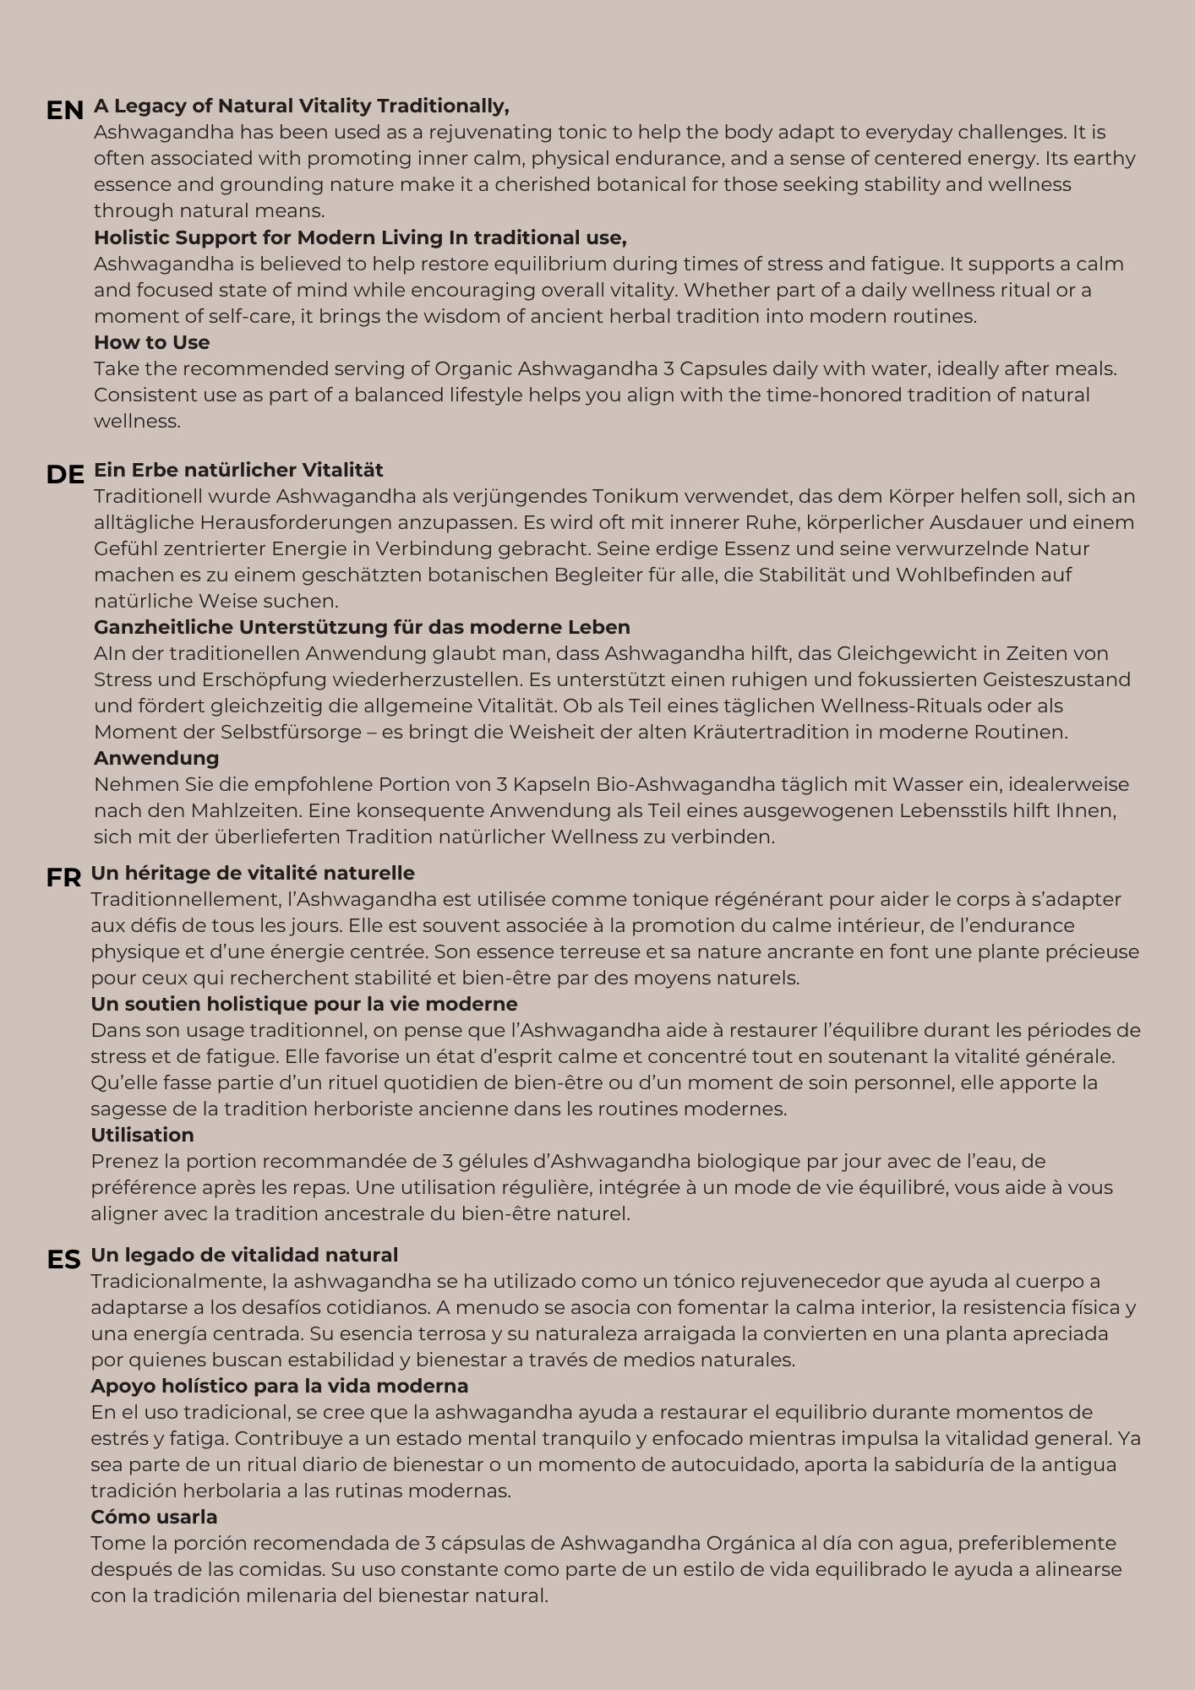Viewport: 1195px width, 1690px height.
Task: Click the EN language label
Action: click(x=64, y=111)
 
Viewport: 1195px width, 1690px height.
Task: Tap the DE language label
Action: click(x=65, y=475)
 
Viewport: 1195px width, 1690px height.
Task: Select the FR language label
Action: click(x=63, y=878)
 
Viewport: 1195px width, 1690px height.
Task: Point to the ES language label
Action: click(x=63, y=1260)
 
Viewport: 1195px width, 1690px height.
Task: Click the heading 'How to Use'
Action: click(x=152, y=342)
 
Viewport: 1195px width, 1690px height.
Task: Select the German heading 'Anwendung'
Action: click(x=156, y=758)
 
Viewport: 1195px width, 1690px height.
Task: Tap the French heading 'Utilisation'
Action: click(x=142, y=1135)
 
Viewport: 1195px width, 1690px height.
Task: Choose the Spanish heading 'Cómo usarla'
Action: click(x=154, y=1517)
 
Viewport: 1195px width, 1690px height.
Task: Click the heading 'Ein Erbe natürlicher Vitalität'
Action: click(x=238, y=470)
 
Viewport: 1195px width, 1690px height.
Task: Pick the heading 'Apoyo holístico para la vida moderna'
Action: click(x=279, y=1386)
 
